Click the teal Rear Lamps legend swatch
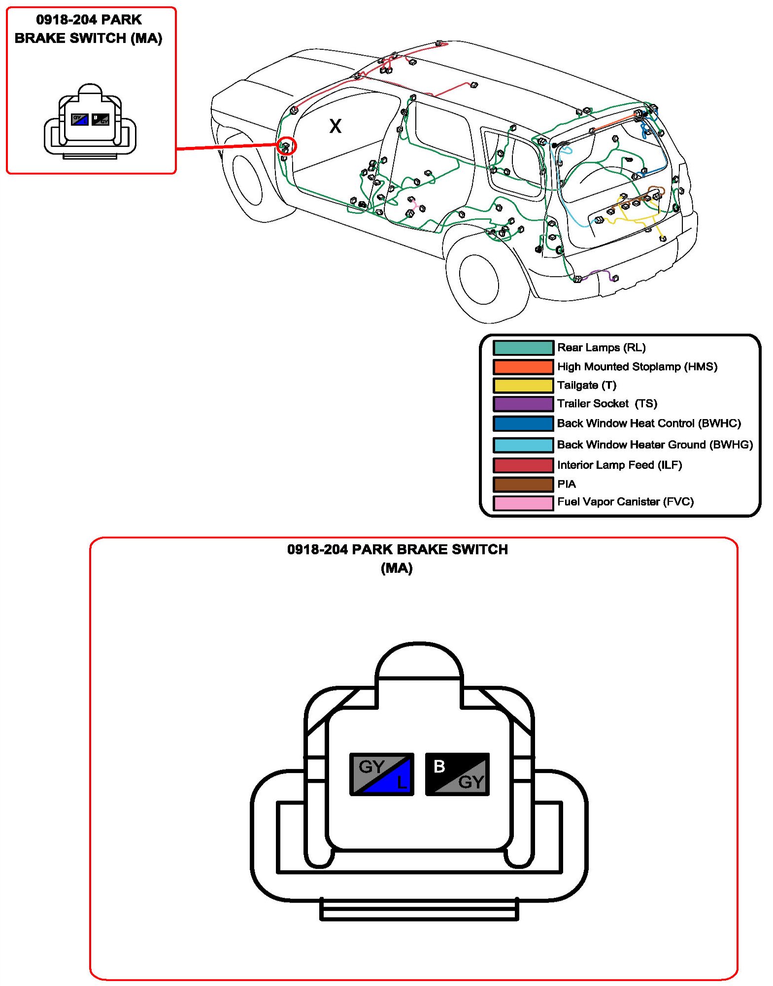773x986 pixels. point(523,348)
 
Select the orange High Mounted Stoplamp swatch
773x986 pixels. point(523,367)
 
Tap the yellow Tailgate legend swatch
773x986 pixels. point(523,385)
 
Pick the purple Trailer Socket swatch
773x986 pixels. point(523,404)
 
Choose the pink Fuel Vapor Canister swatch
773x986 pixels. point(523,502)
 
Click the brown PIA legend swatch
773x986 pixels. point(523,484)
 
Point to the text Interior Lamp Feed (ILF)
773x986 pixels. point(619,465)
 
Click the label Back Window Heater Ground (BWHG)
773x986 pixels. point(655,445)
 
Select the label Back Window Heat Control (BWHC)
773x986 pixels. point(649,423)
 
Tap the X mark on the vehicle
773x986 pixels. point(335,126)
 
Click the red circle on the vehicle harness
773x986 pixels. point(286,146)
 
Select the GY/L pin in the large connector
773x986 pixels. point(381,774)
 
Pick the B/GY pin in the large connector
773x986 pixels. point(457,774)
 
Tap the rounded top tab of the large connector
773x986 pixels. point(419,661)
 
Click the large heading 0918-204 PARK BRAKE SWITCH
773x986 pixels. point(397,549)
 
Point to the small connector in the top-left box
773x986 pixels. point(90,121)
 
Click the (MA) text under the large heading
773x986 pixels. point(397,568)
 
